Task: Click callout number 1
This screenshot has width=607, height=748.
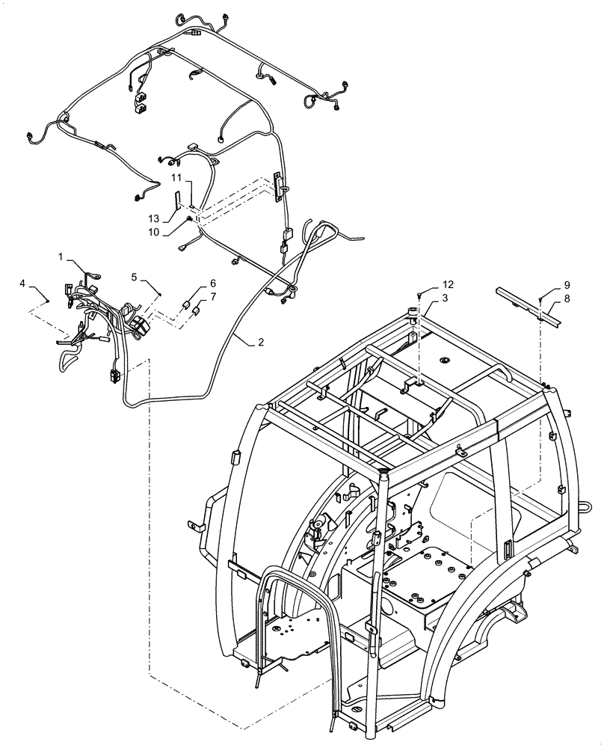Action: click(61, 257)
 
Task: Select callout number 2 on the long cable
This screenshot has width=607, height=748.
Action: click(259, 342)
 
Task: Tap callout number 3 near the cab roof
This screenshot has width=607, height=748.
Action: click(445, 298)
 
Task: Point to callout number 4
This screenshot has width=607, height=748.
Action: click(23, 283)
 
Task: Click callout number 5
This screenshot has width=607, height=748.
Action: click(135, 277)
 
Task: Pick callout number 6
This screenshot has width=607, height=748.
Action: click(212, 283)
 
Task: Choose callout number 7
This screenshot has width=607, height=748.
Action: click(212, 297)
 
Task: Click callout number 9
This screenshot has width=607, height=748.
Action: click(567, 284)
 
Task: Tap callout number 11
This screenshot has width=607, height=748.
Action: click(176, 177)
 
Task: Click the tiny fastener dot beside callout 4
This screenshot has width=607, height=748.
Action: click(47, 300)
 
